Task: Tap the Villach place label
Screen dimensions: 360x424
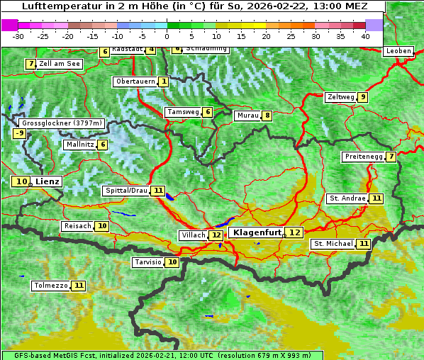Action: click(194, 235)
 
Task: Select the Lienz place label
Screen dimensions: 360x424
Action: click(48, 181)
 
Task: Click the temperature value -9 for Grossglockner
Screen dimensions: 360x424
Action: click(19, 133)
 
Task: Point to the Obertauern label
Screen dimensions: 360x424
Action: click(135, 81)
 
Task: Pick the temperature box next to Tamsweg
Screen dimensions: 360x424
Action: click(207, 112)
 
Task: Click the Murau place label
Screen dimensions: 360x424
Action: click(247, 116)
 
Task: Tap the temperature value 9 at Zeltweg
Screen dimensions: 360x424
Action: click(362, 97)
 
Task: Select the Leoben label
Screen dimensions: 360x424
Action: click(397, 51)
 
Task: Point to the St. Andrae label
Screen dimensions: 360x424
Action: click(347, 198)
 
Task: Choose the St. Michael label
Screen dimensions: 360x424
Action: click(333, 244)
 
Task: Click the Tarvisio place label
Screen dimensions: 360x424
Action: click(148, 262)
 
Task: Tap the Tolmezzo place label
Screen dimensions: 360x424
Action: click(51, 286)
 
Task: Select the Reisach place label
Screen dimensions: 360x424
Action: click(77, 226)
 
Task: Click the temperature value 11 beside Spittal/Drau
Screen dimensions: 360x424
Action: click(158, 191)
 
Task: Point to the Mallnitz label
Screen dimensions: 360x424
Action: click(79, 145)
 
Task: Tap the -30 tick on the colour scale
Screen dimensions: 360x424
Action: click(18, 35)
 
